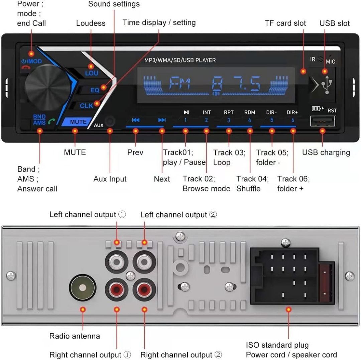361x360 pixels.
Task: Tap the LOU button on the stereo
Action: tap(91, 72)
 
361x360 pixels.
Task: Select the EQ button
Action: tap(95, 90)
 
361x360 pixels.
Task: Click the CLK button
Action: tap(86, 106)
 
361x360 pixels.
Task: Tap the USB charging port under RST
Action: tap(322, 121)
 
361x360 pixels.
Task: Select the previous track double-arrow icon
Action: tap(136, 120)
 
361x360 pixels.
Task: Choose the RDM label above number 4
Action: tap(249, 113)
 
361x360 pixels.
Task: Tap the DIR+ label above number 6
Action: tap(292, 113)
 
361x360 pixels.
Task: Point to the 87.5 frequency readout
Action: tap(236, 84)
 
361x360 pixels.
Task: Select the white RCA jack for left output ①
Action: tap(117, 261)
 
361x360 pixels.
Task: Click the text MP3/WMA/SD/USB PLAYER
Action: tap(180, 60)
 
